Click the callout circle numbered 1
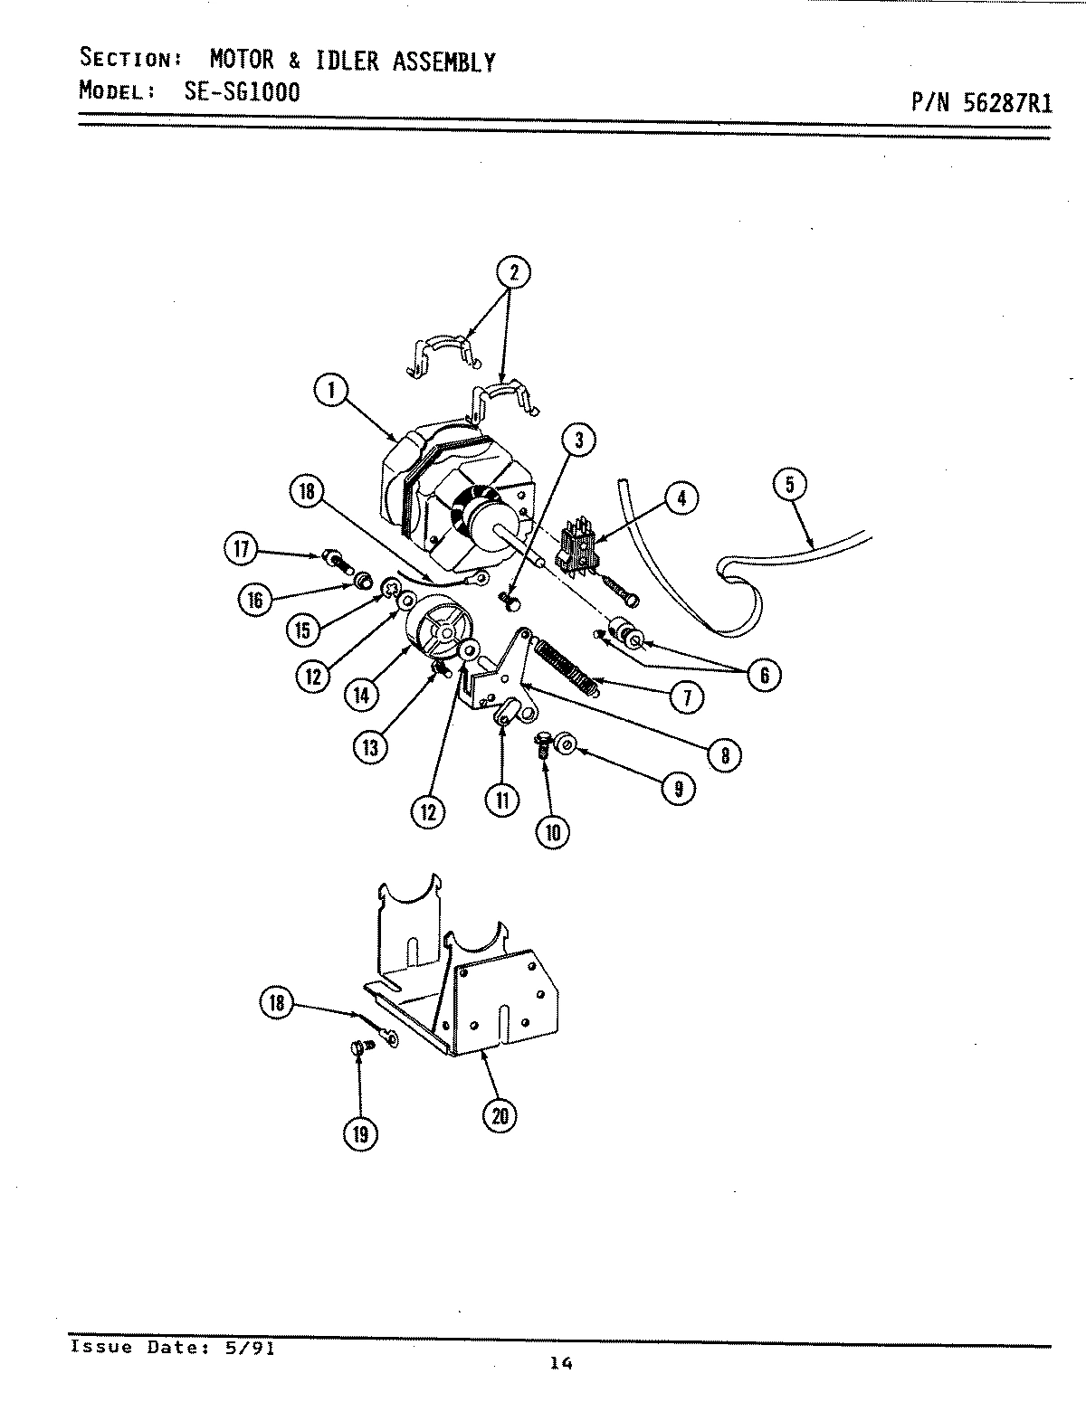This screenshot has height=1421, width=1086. tap(331, 392)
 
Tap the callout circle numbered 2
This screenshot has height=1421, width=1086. tap(513, 272)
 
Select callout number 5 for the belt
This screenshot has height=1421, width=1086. tap(789, 486)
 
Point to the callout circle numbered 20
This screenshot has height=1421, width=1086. tap(500, 1116)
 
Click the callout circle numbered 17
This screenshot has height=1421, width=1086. tap(243, 551)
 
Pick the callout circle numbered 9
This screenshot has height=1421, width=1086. tap(678, 788)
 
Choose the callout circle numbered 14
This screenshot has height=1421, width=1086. tap(362, 694)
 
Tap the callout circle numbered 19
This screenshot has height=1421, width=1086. tap(360, 1134)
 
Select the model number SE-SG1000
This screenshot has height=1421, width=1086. tap(235, 91)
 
